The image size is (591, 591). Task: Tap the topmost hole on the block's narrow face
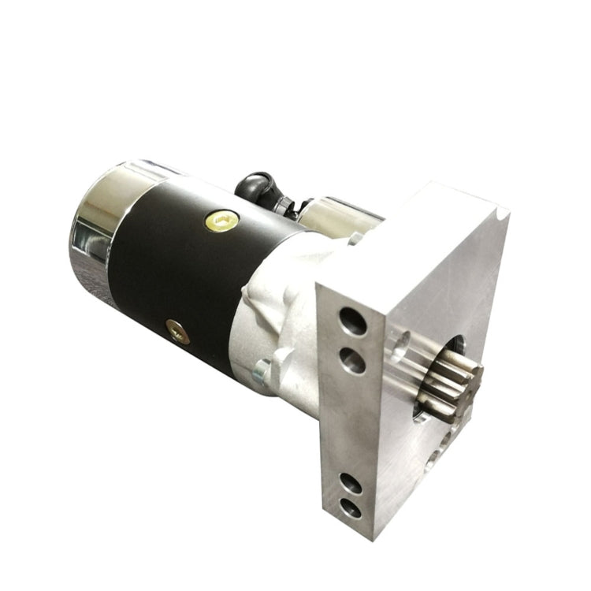(352, 321)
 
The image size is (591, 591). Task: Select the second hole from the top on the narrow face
(352, 361)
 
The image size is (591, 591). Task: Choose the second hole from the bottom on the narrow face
(350, 483)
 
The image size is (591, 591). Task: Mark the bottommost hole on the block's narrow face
(351, 509)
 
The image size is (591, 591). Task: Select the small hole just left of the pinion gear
(401, 344)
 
